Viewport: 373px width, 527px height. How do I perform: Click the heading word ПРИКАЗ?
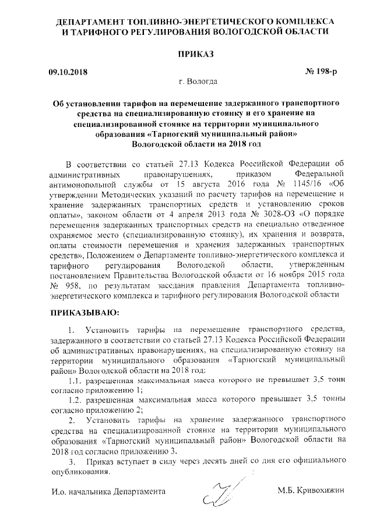pos(186,54)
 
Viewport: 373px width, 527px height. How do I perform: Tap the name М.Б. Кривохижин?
pos(312,491)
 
